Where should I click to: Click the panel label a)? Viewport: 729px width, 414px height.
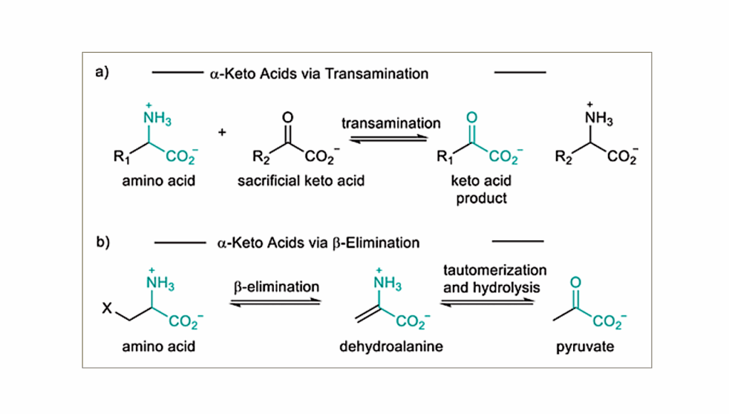coord(102,73)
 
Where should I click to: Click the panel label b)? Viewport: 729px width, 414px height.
coord(102,242)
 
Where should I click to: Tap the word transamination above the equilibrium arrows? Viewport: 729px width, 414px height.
coord(391,123)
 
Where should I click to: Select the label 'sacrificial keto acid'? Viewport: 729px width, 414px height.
coord(300,181)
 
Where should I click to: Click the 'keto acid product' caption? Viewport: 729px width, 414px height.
coord(481,189)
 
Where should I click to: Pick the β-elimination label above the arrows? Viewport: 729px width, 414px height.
coord(276,287)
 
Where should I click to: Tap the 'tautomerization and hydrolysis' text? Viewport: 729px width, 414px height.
coord(495,279)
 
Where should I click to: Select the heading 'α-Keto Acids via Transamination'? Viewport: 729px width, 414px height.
coord(320,73)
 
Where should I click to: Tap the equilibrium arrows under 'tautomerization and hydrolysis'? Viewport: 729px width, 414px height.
coord(488,301)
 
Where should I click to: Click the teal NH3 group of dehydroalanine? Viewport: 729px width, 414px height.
coord(387,285)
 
